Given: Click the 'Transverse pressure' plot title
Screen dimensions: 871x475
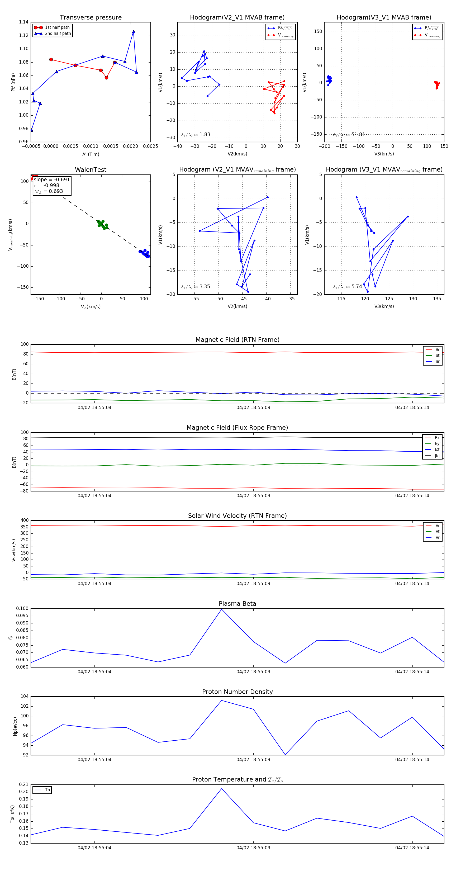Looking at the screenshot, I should pos(91,18).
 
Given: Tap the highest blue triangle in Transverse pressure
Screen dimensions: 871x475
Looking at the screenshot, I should pos(134,32).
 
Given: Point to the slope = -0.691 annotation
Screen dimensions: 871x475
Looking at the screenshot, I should pos(52,179).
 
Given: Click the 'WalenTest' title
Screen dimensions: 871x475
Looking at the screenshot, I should pos(91,170).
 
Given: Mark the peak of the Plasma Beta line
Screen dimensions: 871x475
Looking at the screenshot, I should pos(221,609).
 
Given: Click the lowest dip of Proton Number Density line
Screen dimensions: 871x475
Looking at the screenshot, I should pos(285,755).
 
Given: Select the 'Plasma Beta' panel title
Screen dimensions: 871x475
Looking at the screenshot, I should pos(237,604).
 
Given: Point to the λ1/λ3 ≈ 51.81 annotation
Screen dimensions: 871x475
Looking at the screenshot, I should pos(349,135).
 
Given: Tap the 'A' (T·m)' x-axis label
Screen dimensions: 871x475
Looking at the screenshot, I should pos(91,154).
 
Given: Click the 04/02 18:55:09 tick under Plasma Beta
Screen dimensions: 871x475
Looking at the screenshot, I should pos(253,671).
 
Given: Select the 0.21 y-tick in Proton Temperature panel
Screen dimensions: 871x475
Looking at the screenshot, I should pos(24,784).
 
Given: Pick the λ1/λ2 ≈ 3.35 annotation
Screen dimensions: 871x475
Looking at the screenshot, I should pos(195,287).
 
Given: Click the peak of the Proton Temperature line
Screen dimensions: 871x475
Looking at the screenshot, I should pos(221,788).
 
